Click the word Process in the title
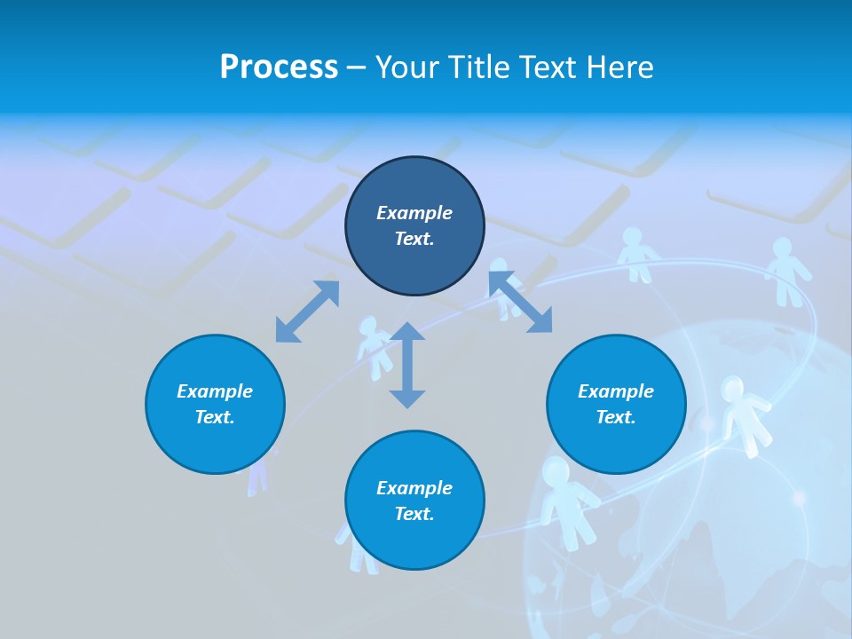point(279,67)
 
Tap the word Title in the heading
point(482,67)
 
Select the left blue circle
point(215,404)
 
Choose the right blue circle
point(616,404)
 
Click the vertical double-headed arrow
point(407,365)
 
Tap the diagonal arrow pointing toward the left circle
point(307,312)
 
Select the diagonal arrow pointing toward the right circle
point(521,303)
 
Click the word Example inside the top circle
point(414,213)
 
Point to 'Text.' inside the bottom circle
point(414,514)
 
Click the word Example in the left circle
point(215,391)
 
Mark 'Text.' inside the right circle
point(616,417)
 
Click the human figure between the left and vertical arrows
point(373,346)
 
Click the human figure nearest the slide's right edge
point(786,270)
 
